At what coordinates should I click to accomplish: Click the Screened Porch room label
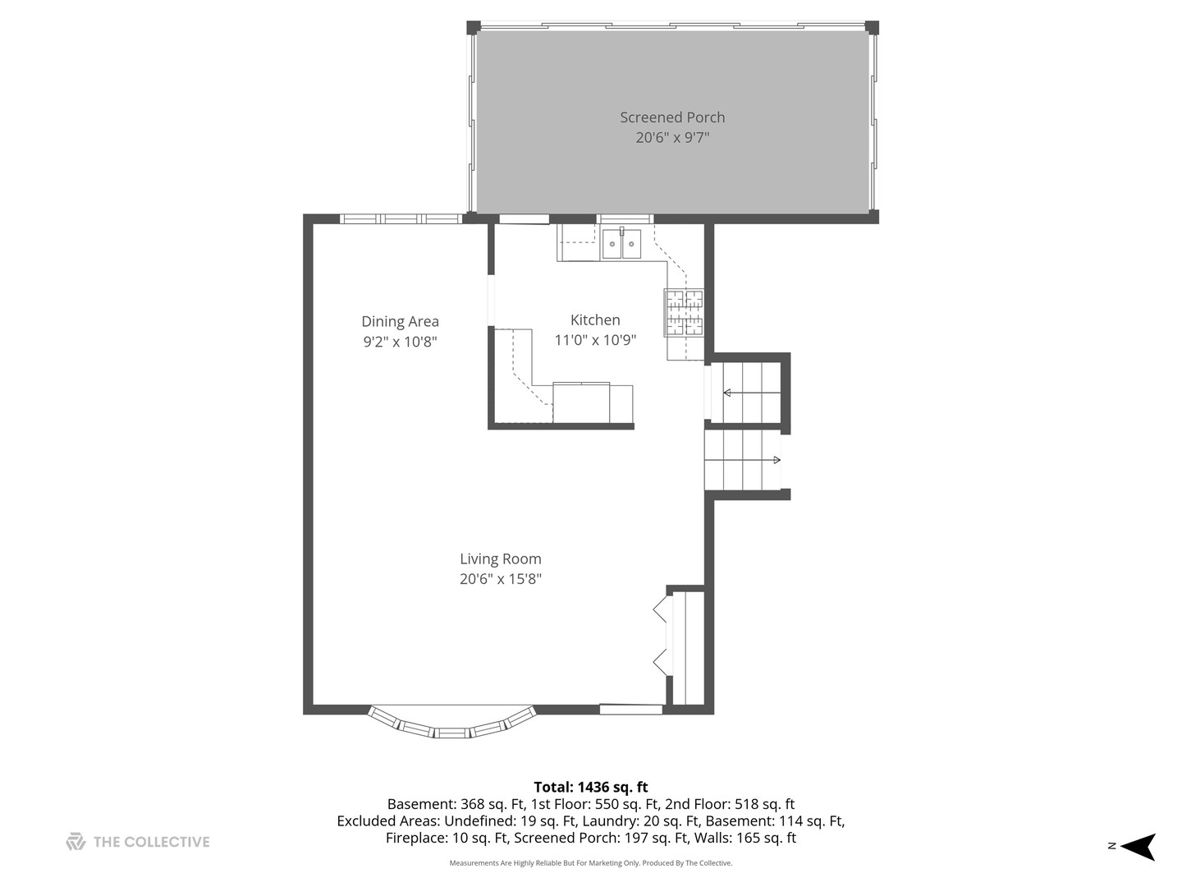672,117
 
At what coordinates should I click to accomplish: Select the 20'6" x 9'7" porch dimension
672,138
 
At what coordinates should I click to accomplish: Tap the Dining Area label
400,321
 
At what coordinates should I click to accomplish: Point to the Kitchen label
595,319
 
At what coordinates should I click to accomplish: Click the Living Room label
500,558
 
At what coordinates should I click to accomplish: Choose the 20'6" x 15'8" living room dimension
500,579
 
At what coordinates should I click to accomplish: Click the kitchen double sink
621,244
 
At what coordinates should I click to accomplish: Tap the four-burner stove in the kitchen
684,312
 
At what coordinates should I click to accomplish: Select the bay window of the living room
451,724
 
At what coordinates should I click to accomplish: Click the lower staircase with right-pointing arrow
744,460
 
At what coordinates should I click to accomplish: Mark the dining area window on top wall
401,218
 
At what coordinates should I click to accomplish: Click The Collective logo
138,842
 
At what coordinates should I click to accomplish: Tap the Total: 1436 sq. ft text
590,787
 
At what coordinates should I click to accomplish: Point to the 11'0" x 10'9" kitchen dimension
595,340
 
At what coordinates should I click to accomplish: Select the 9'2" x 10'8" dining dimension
400,342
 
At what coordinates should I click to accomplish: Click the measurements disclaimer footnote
590,863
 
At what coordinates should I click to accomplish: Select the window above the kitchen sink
625,218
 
